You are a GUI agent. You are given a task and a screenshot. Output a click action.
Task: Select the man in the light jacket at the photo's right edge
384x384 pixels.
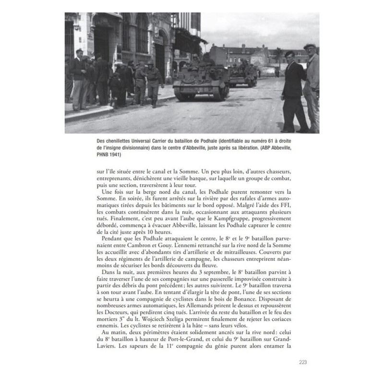[x=312, y=86]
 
